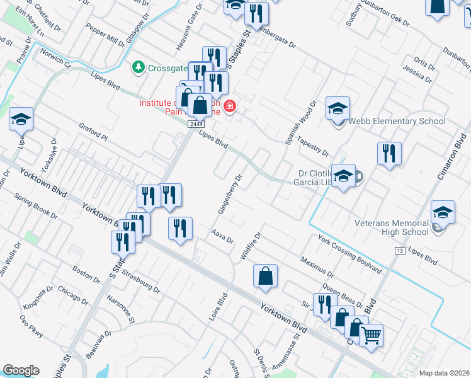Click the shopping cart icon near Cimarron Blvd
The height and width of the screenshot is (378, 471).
tap(372, 335)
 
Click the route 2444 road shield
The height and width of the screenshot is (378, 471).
tap(195, 124)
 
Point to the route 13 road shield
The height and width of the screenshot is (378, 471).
tap(399, 251)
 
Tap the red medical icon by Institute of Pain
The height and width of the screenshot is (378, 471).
tap(230, 106)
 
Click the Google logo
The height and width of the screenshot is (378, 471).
tap(21, 370)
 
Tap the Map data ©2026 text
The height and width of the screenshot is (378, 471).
tap(443, 373)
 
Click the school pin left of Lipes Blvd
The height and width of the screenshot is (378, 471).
tap(21, 118)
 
